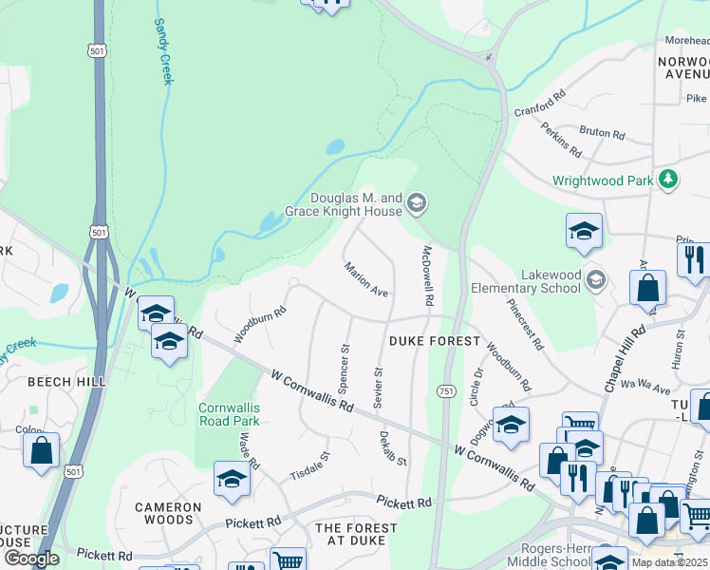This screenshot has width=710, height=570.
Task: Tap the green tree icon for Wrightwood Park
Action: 669,179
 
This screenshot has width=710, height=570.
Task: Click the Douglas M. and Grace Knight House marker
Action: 416,203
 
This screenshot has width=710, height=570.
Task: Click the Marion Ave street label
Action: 366,279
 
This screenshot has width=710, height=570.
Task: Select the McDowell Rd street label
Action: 428,275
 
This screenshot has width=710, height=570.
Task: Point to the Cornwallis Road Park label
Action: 229,414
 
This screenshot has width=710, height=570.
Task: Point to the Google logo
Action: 31,559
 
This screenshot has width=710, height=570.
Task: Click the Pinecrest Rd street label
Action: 524,326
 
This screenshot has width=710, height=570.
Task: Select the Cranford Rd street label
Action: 540,103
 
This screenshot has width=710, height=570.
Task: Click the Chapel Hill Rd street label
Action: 625,358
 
